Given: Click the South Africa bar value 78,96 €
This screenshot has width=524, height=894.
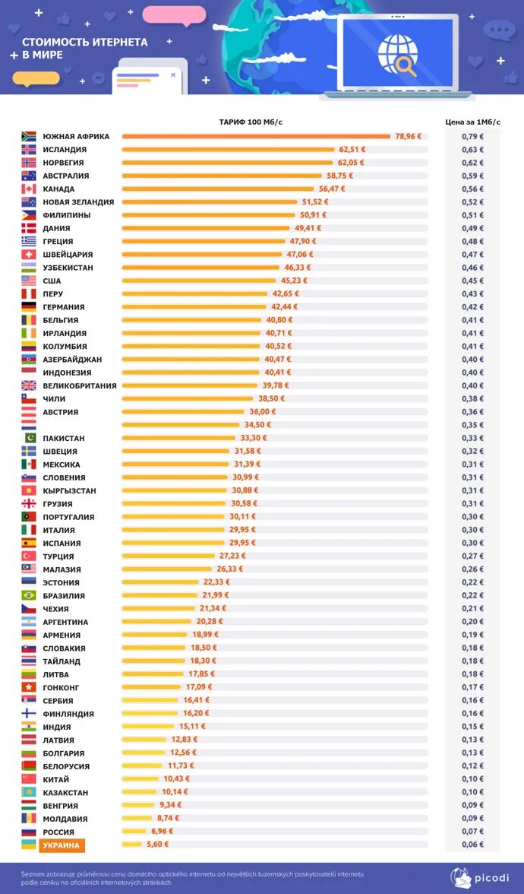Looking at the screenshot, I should click(x=409, y=137).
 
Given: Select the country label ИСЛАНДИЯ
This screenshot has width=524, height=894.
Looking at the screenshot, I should click(x=65, y=150).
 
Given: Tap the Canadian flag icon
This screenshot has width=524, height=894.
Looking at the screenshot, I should click(x=29, y=189).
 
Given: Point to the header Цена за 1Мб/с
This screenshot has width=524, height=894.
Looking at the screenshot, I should click(x=472, y=122).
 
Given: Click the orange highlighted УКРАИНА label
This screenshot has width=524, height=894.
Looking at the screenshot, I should click(x=61, y=845).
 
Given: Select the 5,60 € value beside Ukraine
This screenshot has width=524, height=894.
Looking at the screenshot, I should click(x=156, y=845).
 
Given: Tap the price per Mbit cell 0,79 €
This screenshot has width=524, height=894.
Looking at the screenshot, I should click(x=472, y=137).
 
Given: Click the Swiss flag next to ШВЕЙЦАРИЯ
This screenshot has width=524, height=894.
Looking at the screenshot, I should click(x=29, y=255).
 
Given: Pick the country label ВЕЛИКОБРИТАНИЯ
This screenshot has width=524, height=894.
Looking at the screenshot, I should click(x=80, y=386).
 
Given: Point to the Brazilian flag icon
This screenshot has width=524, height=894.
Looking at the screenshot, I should click(x=29, y=596).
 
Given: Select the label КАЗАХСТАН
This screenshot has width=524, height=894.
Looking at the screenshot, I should click(x=66, y=793).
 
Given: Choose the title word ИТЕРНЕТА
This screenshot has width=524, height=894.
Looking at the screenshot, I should click(x=118, y=43).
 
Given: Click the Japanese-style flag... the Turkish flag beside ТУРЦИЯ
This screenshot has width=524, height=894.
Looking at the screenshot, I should click(x=29, y=556).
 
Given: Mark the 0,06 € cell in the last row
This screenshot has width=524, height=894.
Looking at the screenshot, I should click(x=472, y=845).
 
